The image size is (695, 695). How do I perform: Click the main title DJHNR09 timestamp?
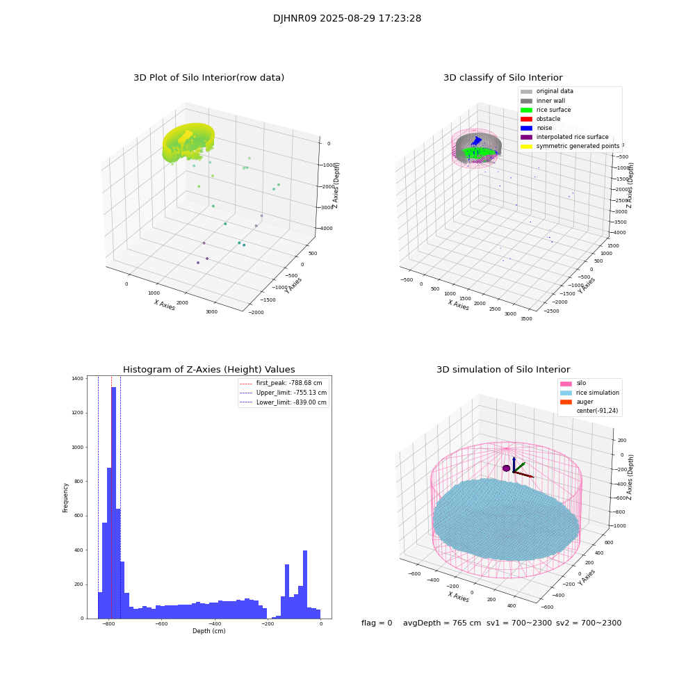tap(347, 19)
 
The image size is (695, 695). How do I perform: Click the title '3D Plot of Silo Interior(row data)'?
tap(208, 78)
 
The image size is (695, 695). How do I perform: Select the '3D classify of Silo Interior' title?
tap(502, 78)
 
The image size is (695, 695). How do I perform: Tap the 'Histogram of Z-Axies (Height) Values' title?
tap(208, 370)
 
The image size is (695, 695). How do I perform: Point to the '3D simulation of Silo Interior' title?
tap(502, 370)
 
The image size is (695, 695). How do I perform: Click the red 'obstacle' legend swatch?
tap(526, 119)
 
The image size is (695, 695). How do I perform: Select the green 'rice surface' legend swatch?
tap(526, 110)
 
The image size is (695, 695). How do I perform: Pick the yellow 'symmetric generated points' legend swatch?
tap(526, 146)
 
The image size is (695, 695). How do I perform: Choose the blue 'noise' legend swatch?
tap(526, 128)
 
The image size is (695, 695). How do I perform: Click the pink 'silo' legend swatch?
tap(566, 383)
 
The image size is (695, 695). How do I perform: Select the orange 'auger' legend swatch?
tap(566, 402)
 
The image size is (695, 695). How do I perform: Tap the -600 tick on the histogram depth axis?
tap(161, 624)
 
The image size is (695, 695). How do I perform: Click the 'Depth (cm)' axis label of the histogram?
tap(208, 631)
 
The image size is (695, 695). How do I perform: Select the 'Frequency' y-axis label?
tap(66, 498)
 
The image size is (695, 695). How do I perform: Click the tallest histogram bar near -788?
tap(113, 500)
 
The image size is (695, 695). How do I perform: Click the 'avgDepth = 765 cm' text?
tap(442, 623)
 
